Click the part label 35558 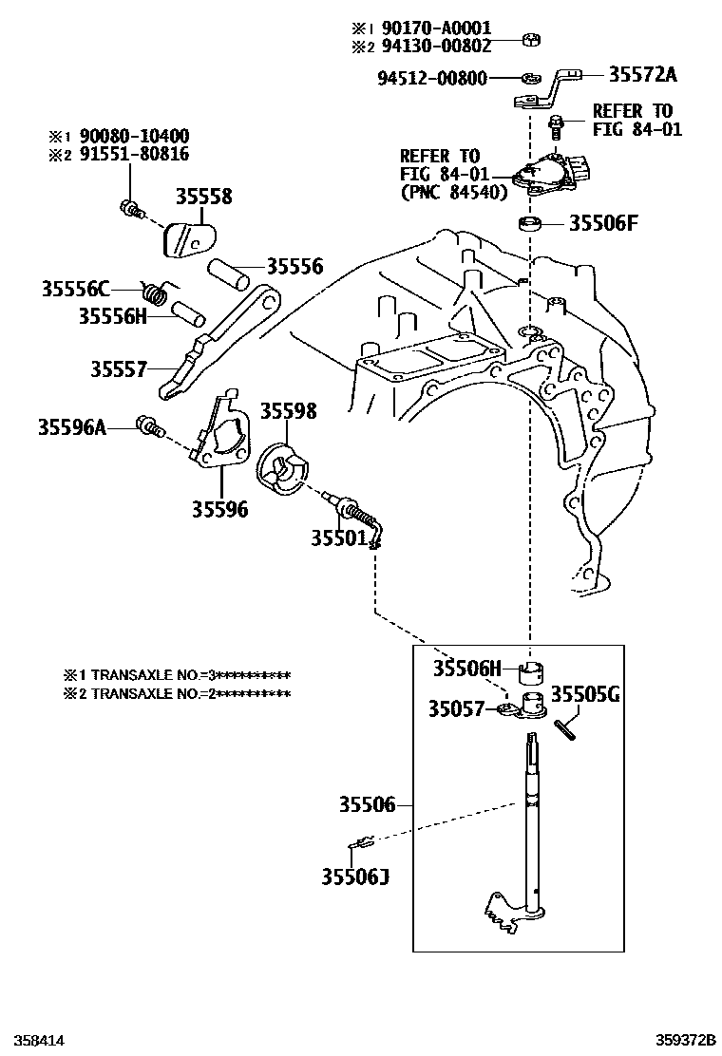(203, 198)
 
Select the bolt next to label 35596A (147, 427)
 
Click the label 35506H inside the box (466, 668)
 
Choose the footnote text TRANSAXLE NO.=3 (177, 675)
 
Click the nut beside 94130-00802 (533, 41)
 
